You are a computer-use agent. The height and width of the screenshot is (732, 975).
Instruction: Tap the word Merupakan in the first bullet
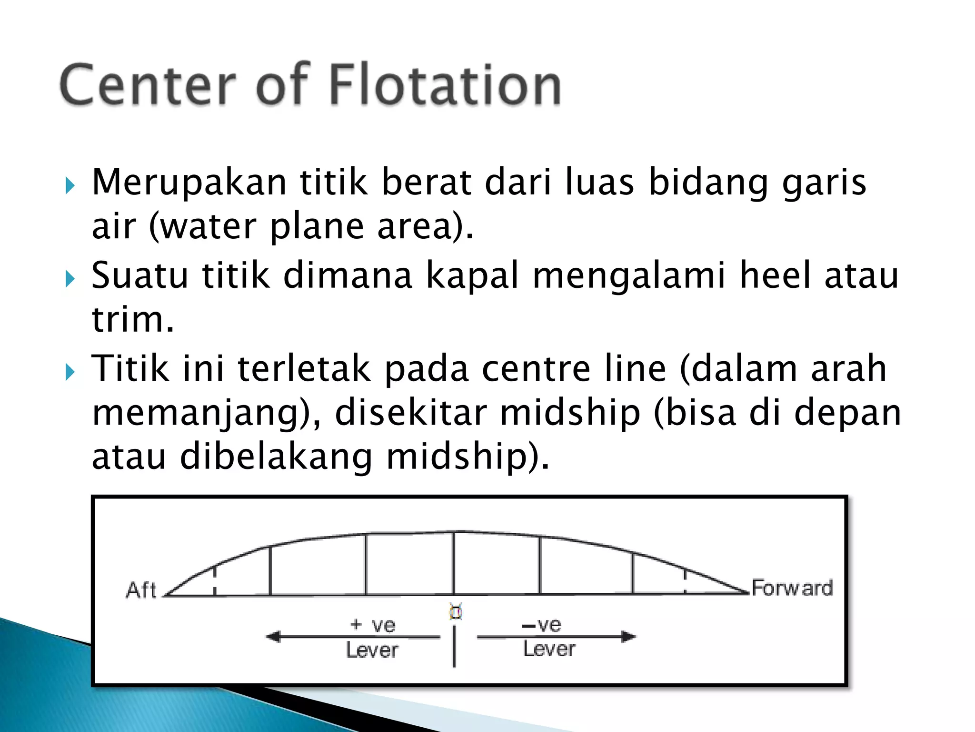click(189, 183)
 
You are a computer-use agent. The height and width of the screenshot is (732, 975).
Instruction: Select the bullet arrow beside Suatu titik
click(70, 278)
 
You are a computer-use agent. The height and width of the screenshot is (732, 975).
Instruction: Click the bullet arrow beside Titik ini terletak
click(70, 372)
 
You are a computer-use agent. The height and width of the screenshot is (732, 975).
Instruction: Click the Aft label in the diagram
click(141, 590)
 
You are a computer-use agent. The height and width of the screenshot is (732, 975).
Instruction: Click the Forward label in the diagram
click(792, 588)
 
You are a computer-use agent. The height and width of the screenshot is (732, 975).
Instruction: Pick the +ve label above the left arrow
click(372, 625)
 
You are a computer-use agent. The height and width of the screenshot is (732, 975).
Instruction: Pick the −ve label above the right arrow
click(542, 624)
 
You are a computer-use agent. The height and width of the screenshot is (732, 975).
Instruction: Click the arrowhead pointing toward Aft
click(273, 637)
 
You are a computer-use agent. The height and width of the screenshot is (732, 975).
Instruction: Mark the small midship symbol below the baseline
click(456, 611)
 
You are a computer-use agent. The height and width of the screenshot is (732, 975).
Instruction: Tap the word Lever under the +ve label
click(372, 650)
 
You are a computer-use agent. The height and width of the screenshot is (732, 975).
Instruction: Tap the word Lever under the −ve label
click(549, 649)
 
